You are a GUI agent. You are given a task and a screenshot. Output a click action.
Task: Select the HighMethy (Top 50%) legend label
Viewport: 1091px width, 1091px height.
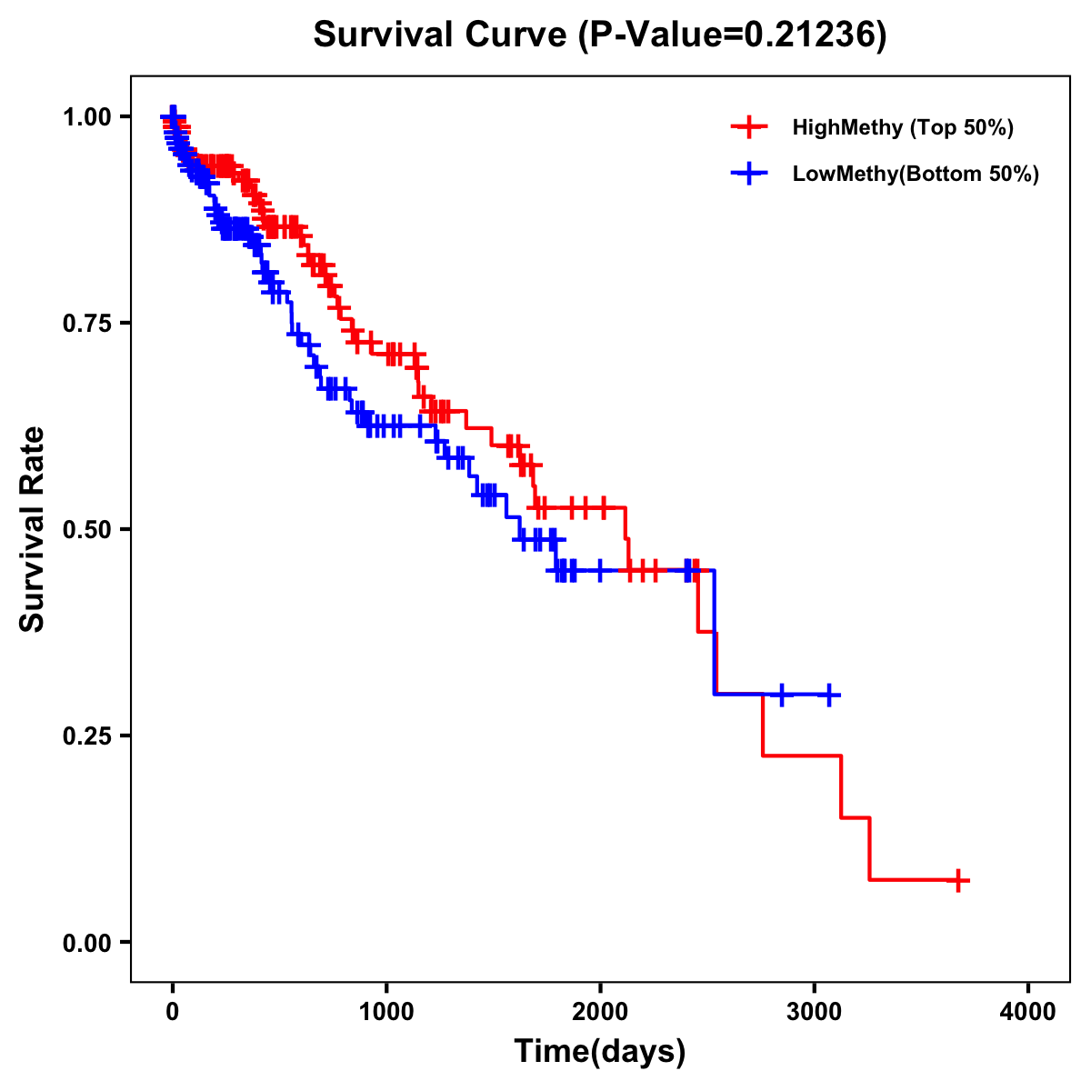(902, 127)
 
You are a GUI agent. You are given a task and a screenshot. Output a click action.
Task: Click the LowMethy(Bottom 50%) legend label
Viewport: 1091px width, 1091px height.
(915, 174)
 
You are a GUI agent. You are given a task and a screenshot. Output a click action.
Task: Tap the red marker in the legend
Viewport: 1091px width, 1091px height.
(748, 127)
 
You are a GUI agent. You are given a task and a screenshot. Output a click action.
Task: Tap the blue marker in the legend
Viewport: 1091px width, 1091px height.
(748, 174)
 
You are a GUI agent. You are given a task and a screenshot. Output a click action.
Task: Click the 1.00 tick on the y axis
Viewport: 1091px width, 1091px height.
(86, 116)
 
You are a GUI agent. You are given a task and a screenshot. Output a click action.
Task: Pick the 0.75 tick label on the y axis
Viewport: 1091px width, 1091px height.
(86, 323)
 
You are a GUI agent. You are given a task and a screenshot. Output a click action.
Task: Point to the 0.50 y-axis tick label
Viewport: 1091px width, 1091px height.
(86, 529)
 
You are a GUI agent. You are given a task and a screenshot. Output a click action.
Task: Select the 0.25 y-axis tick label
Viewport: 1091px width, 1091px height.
(86, 736)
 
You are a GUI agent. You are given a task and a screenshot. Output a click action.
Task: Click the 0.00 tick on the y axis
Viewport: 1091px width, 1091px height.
(86, 942)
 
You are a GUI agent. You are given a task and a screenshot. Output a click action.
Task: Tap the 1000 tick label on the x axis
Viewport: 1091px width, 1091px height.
(386, 1012)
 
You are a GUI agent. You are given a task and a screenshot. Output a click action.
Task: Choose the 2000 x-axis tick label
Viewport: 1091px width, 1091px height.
(600, 1012)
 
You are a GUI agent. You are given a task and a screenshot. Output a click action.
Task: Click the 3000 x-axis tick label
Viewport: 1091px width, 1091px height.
(815, 1012)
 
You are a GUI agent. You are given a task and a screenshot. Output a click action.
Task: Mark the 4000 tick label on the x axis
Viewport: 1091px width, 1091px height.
(1028, 1012)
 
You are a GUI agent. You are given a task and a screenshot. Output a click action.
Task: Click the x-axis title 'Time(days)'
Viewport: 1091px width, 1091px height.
(600, 1052)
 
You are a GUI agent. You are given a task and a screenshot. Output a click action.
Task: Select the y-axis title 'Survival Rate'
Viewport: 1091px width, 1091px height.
(33, 529)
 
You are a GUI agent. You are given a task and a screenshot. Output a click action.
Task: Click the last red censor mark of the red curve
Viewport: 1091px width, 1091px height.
(958, 880)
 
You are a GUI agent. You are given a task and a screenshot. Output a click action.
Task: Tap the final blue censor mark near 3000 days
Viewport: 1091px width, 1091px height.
(828, 695)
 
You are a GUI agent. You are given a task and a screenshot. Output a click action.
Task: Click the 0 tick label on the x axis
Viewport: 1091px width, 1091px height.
(173, 1012)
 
